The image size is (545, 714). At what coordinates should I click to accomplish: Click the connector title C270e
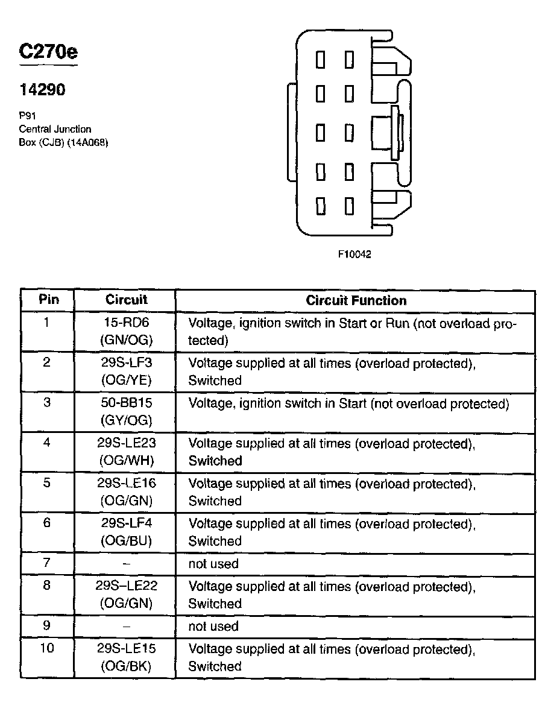pyautogui.click(x=48, y=52)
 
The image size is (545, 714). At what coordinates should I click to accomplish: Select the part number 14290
pyautogui.click(x=42, y=90)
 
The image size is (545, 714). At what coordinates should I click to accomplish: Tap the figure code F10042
pyautogui.click(x=354, y=254)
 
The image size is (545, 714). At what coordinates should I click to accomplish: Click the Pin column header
pyautogui.click(x=48, y=300)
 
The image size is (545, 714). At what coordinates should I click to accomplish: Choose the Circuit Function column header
pyautogui.click(x=356, y=300)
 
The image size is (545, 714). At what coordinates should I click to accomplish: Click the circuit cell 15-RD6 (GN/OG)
pyautogui.click(x=126, y=332)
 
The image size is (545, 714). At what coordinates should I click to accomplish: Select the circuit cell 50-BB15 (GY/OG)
pyautogui.click(x=126, y=412)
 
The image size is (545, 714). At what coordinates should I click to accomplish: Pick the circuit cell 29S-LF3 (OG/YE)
pyautogui.click(x=126, y=372)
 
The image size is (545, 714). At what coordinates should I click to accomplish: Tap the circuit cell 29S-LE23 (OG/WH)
pyautogui.click(x=126, y=452)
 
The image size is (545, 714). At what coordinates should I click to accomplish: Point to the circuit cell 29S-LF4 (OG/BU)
pyautogui.click(x=126, y=532)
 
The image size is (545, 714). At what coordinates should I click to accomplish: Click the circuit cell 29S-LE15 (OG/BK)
pyautogui.click(x=126, y=658)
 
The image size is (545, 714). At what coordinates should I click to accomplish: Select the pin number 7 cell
pyautogui.click(x=48, y=564)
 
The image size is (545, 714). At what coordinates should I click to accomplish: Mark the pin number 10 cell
pyautogui.click(x=48, y=649)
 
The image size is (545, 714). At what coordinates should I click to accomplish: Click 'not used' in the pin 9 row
pyautogui.click(x=213, y=627)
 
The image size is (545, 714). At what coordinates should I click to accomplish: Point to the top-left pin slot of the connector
pyautogui.click(x=321, y=60)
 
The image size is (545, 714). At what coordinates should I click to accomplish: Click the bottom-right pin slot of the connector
pyautogui.click(x=349, y=207)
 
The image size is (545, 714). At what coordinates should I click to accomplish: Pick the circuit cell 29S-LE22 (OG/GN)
pyautogui.click(x=126, y=595)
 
